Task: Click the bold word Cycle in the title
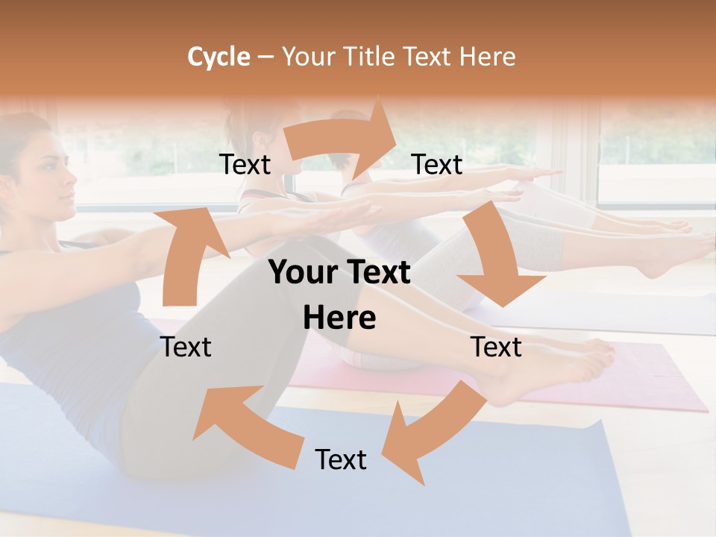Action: [x=219, y=57]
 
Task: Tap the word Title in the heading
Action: [x=371, y=57]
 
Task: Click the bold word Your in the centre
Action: [x=303, y=273]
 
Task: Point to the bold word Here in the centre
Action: [x=339, y=318]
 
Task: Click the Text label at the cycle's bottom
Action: [x=341, y=460]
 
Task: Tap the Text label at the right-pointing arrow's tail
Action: [x=245, y=165]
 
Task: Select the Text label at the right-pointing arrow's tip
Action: [x=437, y=165]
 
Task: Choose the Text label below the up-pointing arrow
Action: [x=186, y=347]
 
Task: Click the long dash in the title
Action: [x=266, y=57]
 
